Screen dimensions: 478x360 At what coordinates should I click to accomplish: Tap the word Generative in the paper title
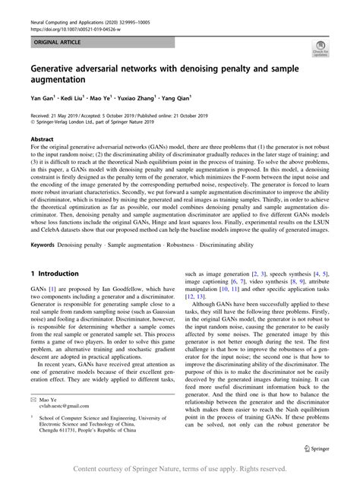(x=62, y=68)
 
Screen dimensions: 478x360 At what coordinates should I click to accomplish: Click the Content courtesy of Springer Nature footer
(x=179, y=468)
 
